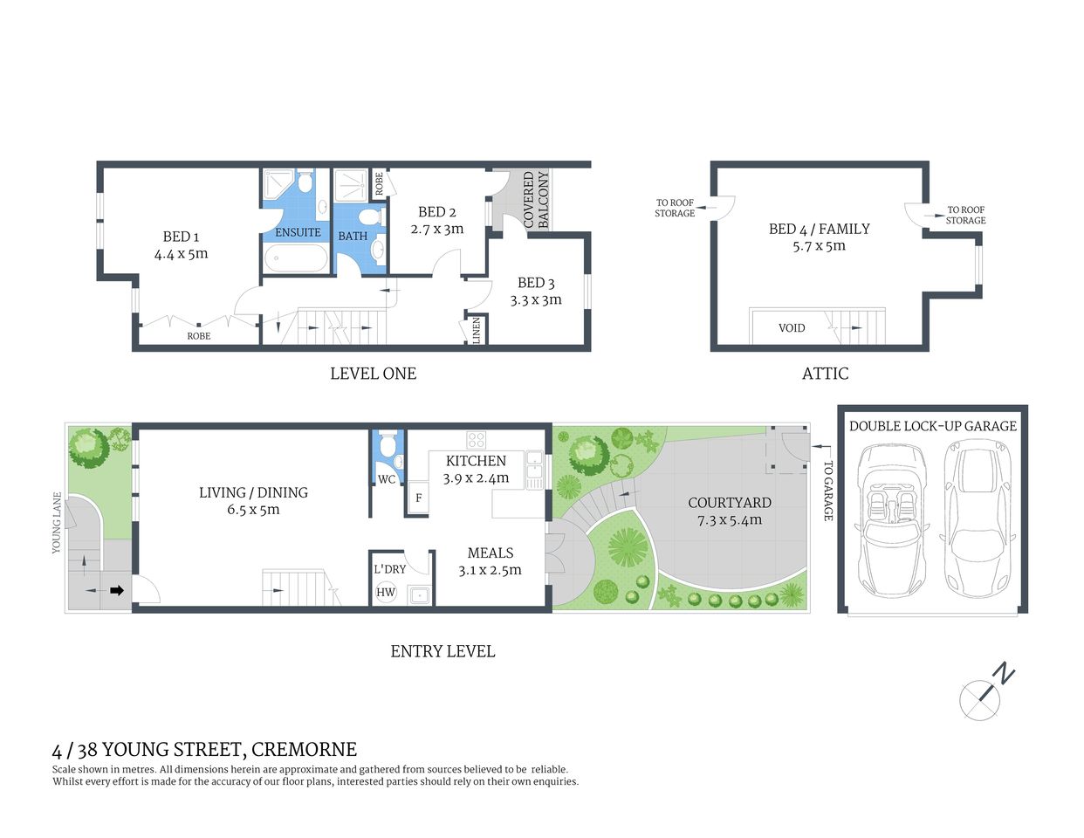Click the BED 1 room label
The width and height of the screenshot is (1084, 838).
(181, 237)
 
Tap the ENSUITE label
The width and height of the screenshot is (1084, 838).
(298, 232)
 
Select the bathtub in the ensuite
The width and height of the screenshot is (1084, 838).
(296, 258)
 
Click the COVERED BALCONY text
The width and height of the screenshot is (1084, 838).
(536, 200)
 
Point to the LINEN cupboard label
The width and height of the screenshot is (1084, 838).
(477, 330)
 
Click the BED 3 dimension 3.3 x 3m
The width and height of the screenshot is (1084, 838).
(536, 299)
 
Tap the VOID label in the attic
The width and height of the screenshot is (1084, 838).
(792, 328)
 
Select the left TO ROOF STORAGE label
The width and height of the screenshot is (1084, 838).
(675, 208)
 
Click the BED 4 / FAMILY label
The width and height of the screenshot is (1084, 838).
(819, 229)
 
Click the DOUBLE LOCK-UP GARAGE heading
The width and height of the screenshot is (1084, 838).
(932, 426)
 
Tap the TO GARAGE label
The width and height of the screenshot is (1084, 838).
(828, 491)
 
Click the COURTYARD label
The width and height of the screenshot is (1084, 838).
(729, 503)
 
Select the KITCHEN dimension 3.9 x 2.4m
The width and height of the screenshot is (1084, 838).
(476, 478)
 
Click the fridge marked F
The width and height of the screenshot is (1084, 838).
(418, 498)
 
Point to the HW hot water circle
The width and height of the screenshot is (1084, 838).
(386, 592)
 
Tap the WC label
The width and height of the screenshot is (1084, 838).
(386, 479)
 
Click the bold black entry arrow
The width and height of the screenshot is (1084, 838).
(116, 591)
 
